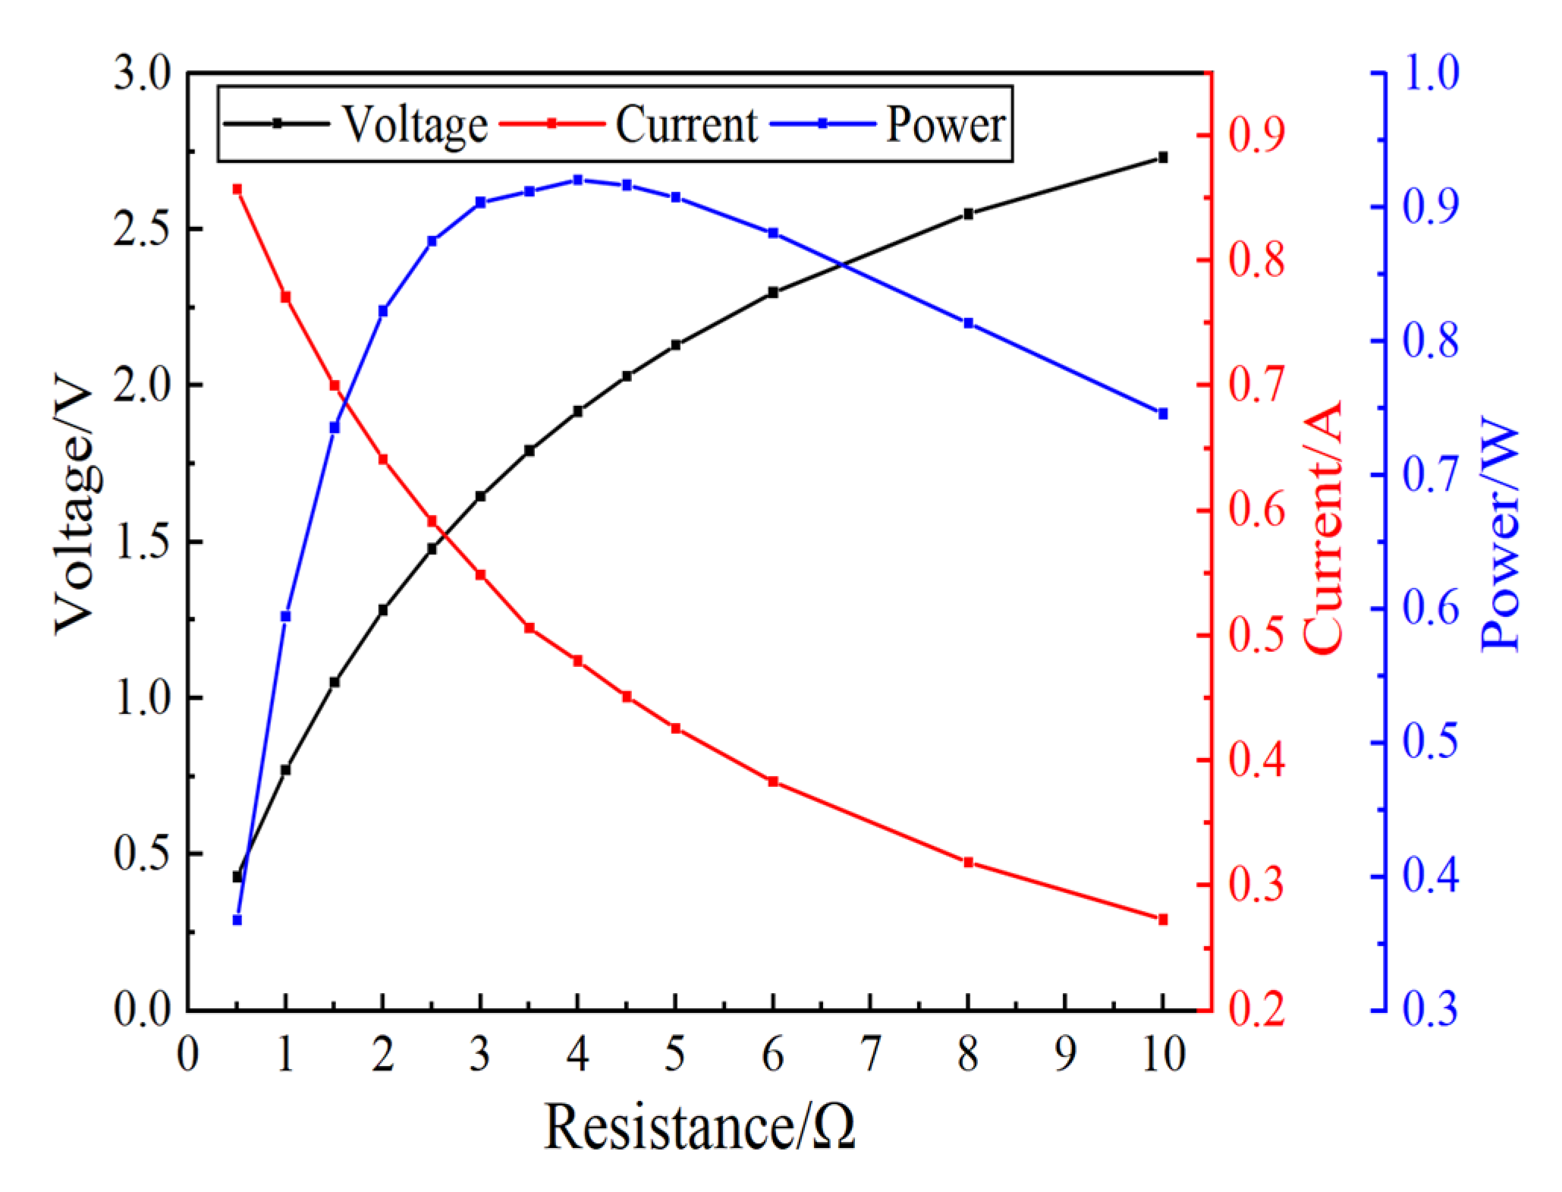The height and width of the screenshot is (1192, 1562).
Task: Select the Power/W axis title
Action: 1500,534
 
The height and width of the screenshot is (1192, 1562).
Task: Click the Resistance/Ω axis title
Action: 699,1128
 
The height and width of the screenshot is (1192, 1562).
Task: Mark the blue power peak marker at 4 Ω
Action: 578,180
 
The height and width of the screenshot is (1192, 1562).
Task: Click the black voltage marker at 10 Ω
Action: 1163,158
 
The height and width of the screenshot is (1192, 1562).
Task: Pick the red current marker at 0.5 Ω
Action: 237,189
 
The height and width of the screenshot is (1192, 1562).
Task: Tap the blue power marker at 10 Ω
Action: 1163,414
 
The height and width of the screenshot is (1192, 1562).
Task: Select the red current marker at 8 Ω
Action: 968,863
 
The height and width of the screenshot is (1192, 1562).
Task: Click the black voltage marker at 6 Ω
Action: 773,292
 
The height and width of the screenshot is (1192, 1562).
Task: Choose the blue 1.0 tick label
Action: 1431,74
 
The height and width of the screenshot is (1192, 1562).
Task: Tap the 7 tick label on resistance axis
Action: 870,1054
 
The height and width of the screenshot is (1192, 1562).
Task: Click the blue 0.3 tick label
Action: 1431,1009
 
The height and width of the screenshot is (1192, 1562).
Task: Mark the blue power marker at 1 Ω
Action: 286,616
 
